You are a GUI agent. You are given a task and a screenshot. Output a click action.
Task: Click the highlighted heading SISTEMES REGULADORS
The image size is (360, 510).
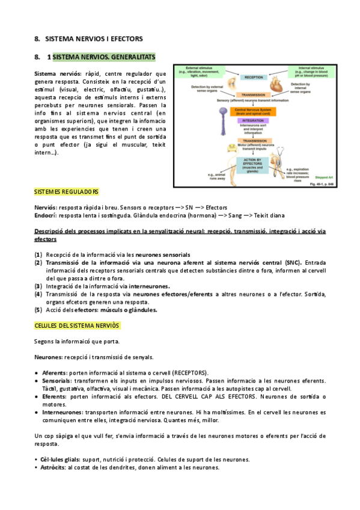pyautogui.click(x=66, y=192)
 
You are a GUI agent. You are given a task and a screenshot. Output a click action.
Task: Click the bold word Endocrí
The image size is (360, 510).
pyautogui.click(x=45, y=215)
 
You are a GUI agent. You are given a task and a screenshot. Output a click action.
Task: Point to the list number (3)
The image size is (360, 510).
pyautogui.click(x=38, y=286)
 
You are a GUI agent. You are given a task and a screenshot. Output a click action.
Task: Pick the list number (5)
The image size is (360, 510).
pyautogui.click(x=38, y=310)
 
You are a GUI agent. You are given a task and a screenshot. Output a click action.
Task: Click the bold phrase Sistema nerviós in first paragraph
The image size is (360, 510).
pyautogui.click(x=58, y=73)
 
